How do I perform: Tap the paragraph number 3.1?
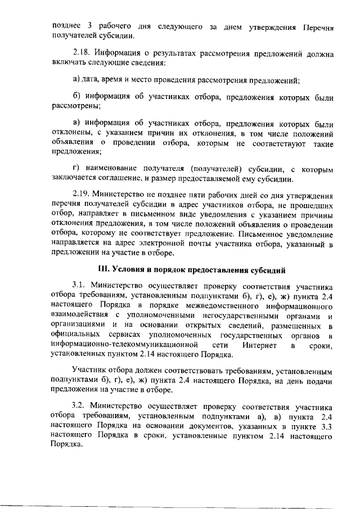(x=80, y=285)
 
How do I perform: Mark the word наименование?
(x=116, y=169)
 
